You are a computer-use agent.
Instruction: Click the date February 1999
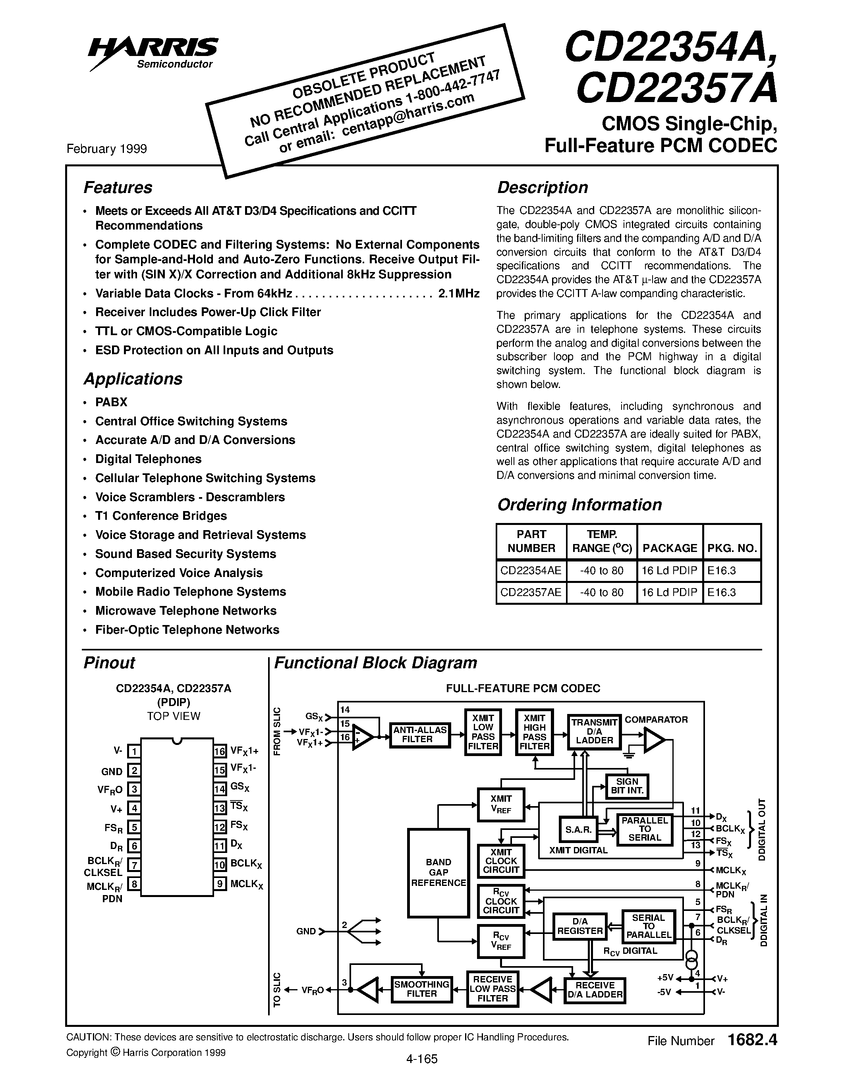(x=106, y=149)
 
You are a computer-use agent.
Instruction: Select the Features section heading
(x=118, y=187)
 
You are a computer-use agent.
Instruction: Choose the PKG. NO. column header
(x=732, y=548)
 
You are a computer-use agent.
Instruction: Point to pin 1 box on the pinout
(x=133, y=751)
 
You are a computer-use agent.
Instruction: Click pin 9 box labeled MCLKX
(x=220, y=884)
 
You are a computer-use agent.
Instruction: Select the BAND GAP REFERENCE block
(x=438, y=872)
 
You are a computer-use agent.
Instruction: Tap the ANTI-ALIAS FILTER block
(x=420, y=735)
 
